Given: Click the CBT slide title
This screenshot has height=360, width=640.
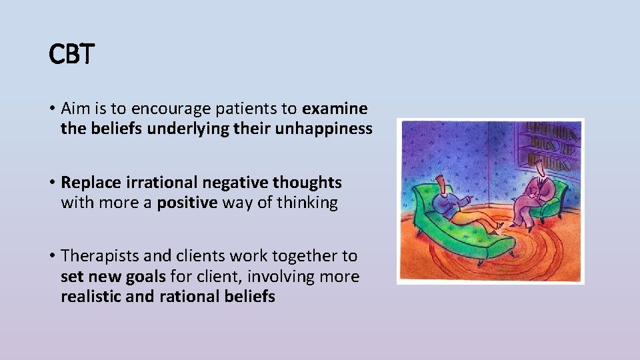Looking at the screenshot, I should click(72, 55).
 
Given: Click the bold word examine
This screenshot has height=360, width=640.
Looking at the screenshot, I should click(335, 108).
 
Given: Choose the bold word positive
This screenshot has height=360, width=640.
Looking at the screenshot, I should click(187, 203).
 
